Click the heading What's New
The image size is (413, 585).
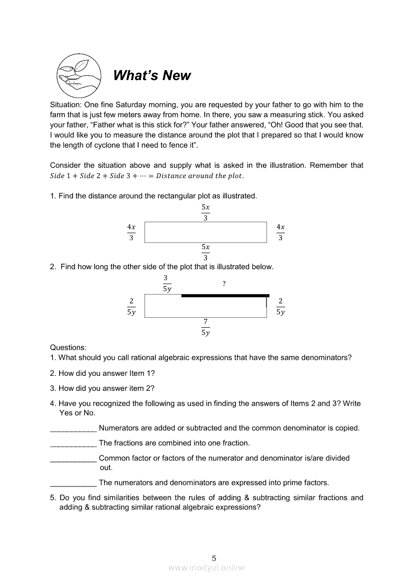tap(152, 76)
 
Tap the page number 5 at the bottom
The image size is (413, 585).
tap(214, 558)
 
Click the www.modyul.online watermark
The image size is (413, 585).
tap(206, 567)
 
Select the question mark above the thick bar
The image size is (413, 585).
tap(224, 284)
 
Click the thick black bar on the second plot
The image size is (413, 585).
tap(225, 296)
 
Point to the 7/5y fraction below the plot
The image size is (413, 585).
tap(205, 327)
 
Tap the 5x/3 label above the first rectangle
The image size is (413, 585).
tap(205, 212)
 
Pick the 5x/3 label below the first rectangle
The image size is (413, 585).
tap(205, 252)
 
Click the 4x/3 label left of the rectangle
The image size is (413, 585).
tap(131, 232)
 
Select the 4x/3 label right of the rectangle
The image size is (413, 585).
tap(280, 232)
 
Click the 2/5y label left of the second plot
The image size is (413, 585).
tap(131, 306)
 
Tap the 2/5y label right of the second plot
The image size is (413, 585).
tap(280, 306)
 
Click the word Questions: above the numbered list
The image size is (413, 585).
tap(68, 347)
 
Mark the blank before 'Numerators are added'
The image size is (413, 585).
tap(73, 429)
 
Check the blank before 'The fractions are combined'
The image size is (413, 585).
tap(73, 444)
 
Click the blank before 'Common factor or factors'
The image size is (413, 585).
tap(73, 459)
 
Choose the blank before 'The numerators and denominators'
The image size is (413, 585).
tap(73, 484)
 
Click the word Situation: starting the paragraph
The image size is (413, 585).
tap(66, 105)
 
